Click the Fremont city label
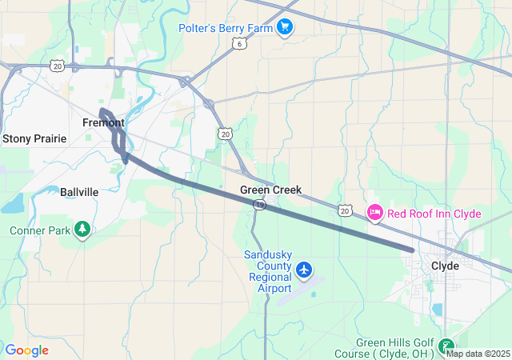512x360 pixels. pyautogui.click(x=103, y=122)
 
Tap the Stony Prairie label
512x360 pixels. pyautogui.click(x=34, y=138)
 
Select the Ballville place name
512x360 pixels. pyautogui.click(x=79, y=192)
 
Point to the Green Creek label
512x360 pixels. pyautogui.click(x=271, y=190)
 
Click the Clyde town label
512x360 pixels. pyautogui.click(x=445, y=266)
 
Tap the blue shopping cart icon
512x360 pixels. pyautogui.click(x=284, y=28)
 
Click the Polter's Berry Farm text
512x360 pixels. pyautogui.click(x=226, y=28)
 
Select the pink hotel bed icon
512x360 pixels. pyautogui.click(x=374, y=213)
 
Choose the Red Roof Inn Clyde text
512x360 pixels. pyautogui.click(x=434, y=214)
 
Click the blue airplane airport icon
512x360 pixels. pyautogui.click(x=304, y=270)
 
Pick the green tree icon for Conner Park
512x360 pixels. pyautogui.click(x=82, y=230)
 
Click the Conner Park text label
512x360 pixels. pyautogui.click(x=40, y=230)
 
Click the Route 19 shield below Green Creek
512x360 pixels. pyautogui.click(x=259, y=206)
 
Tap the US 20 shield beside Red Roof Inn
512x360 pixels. pyautogui.click(x=344, y=210)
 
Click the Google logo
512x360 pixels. pyautogui.click(x=26, y=350)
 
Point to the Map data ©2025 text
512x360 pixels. pyautogui.click(x=478, y=354)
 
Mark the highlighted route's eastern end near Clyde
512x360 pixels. pyautogui.click(x=411, y=250)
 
